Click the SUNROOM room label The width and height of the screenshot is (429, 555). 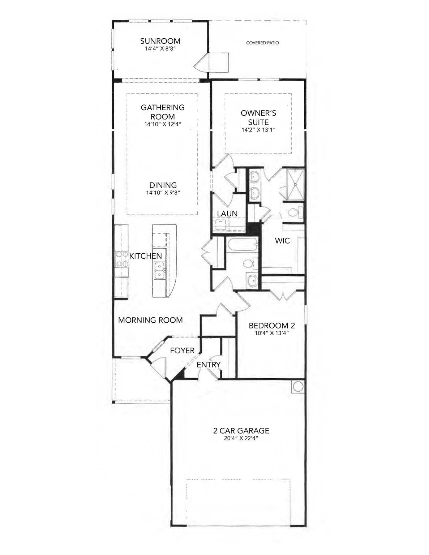[x=160, y=41]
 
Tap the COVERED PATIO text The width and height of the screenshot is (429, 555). [x=262, y=43]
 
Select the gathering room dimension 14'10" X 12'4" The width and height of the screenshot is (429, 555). [x=163, y=124]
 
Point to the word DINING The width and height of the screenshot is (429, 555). [x=163, y=185]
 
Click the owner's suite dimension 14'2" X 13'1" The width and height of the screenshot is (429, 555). [x=258, y=130]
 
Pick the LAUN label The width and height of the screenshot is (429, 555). [x=227, y=214]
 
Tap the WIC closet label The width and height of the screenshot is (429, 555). [x=282, y=241]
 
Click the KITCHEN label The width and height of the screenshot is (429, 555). [x=146, y=256]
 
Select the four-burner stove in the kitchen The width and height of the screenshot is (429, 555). [x=121, y=259]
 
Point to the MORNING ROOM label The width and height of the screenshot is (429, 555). [x=150, y=320]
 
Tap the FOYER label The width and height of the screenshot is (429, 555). [x=182, y=351]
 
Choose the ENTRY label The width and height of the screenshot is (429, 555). [x=209, y=365]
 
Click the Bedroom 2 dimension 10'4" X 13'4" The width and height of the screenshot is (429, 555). [x=272, y=333]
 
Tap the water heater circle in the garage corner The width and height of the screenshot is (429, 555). [x=298, y=387]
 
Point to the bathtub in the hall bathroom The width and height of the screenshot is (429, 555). [x=241, y=244]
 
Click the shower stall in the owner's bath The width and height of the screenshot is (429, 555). [x=295, y=184]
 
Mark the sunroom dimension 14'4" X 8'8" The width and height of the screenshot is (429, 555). [x=160, y=48]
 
